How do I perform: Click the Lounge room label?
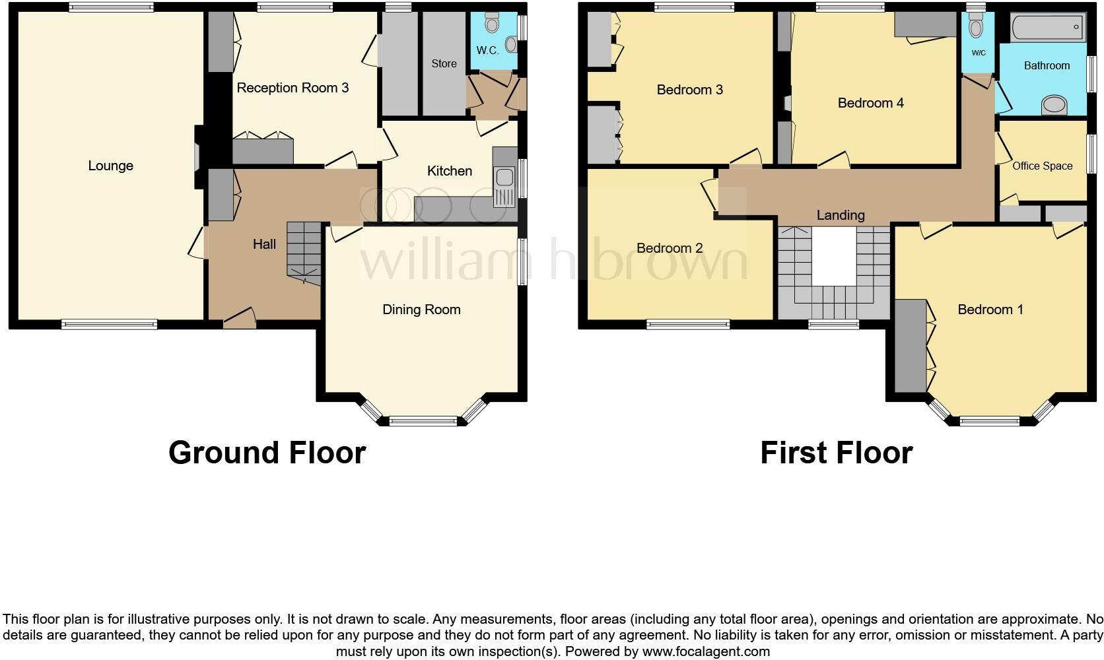point(110,166)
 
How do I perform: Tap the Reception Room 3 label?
point(293,88)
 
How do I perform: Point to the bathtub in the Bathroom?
point(1047,27)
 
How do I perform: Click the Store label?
point(444,63)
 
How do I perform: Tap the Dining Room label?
point(421,310)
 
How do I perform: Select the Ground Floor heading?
point(267,453)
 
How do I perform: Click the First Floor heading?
point(837,453)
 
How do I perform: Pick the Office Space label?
point(1043,166)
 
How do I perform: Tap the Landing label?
point(841,215)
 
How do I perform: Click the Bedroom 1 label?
point(990,310)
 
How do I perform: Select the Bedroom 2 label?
point(670,247)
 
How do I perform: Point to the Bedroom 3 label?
point(689,90)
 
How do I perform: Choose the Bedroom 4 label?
point(870,103)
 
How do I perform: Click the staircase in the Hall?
point(304,253)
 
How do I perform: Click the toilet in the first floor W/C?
point(975,25)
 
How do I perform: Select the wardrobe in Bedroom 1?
point(911,346)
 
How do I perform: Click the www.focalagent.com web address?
point(706,651)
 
